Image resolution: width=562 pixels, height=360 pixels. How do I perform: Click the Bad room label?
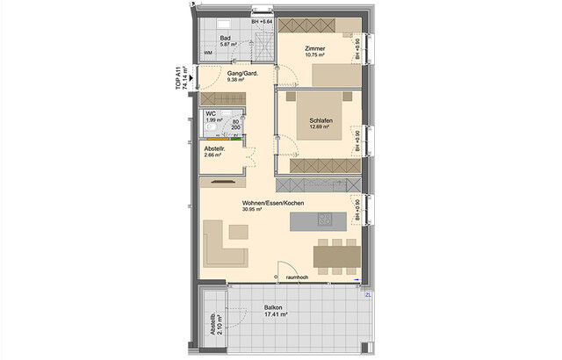pos(226,38)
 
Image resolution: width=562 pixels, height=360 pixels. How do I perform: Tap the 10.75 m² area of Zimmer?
pos(316,54)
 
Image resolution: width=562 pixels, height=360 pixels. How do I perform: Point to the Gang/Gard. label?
pos(241,73)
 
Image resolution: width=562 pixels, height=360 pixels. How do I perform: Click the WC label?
pos(211,113)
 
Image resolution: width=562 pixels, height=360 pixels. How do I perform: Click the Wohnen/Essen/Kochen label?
pos(273,204)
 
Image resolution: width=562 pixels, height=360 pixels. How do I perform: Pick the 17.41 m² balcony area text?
pos(276,314)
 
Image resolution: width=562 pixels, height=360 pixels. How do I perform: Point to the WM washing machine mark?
pos(208,53)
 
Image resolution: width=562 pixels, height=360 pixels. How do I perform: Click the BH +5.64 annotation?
pos(263,20)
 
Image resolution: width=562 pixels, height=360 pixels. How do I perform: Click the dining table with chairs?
pos(338,256)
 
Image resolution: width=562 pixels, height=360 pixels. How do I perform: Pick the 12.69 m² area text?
pos(319,126)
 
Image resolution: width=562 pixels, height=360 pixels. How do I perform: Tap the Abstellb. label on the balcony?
pos(213,327)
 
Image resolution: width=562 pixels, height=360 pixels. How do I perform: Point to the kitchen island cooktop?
pos(326,220)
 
